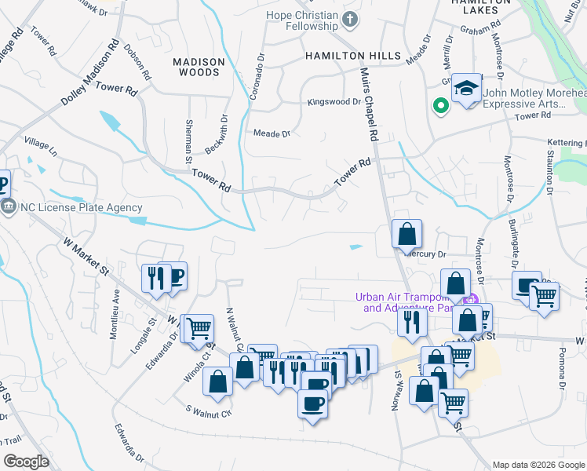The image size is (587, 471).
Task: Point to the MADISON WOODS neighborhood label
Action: (x=199, y=67)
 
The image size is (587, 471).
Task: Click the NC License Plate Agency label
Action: (x=82, y=208)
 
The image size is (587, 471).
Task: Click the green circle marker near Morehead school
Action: (x=440, y=104)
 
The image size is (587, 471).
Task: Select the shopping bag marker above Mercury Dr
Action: (x=407, y=233)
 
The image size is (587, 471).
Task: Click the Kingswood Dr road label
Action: (x=334, y=102)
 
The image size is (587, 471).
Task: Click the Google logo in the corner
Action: (x=26, y=462)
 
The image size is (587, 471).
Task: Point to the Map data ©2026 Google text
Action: (x=538, y=465)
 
